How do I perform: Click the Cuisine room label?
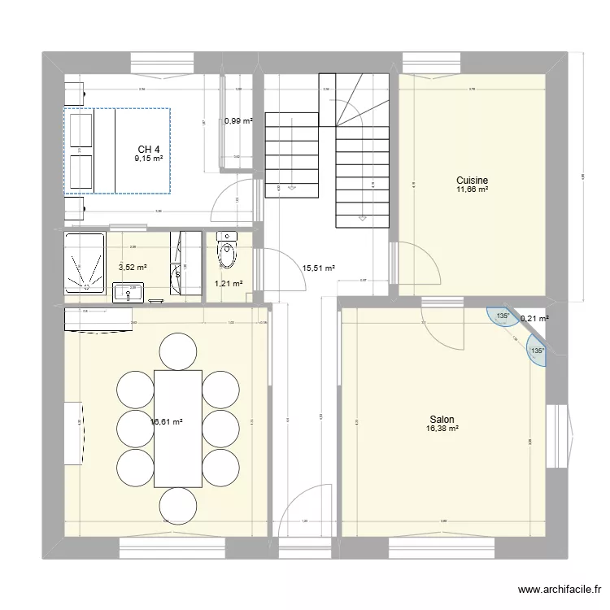(x=472, y=180)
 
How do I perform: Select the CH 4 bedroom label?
(x=148, y=149)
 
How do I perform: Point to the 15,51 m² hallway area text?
(x=318, y=267)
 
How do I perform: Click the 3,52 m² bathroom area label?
(x=133, y=267)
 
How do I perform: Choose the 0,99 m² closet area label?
(x=238, y=121)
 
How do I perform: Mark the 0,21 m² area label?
(x=534, y=319)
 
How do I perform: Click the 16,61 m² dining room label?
(x=166, y=422)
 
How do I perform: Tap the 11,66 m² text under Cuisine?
(x=472, y=190)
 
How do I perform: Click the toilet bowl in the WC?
(x=227, y=252)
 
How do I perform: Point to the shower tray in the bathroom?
(x=85, y=260)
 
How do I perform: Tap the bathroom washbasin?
(x=128, y=290)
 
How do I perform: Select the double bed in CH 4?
(x=117, y=151)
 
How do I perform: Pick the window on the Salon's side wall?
(x=556, y=433)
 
